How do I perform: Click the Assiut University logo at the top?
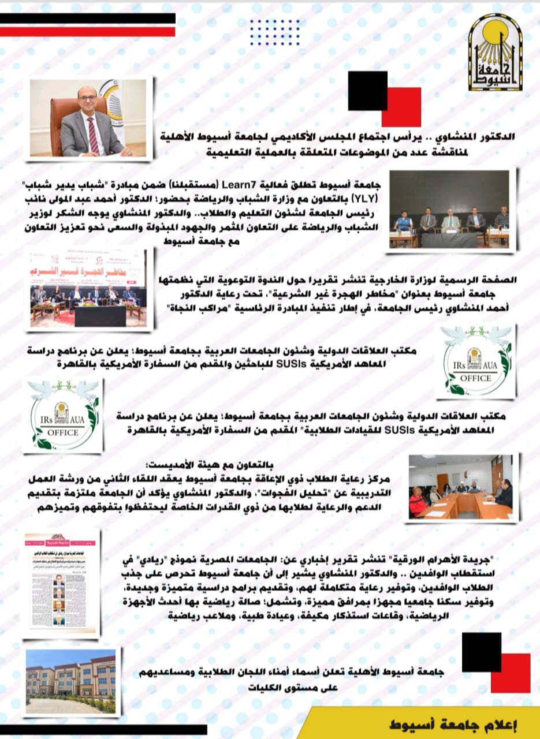click(x=495, y=54)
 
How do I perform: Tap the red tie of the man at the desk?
click(x=92, y=134)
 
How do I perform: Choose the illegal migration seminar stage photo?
click(x=88, y=288)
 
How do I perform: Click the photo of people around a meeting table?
click(x=460, y=487)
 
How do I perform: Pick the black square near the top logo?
click(x=367, y=90)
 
